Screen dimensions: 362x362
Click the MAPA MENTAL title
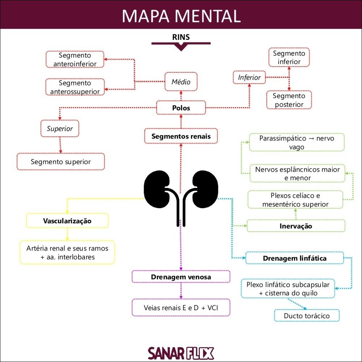click(181, 16)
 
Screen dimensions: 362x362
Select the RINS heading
click(181, 37)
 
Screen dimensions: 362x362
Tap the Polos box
click(181, 108)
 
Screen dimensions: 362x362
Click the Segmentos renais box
click(181, 136)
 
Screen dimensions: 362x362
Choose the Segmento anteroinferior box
click(75, 60)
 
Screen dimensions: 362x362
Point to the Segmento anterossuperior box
click(75, 87)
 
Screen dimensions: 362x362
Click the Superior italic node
click(60, 129)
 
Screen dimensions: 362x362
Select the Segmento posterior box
click(289, 100)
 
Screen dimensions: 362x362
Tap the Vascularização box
click(67, 220)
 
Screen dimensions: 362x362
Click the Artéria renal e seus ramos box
click(67, 252)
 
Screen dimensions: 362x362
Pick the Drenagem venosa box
click(181, 277)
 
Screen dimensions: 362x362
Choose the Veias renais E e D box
click(181, 308)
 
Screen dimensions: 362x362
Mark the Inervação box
click(296, 226)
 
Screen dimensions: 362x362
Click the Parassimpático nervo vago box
click(296, 143)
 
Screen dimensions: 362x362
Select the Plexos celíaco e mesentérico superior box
click(295, 200)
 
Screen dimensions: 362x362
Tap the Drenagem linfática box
click(295, 258)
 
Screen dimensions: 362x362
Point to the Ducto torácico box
click(307, 316)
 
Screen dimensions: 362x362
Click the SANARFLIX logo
click(181, 353)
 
